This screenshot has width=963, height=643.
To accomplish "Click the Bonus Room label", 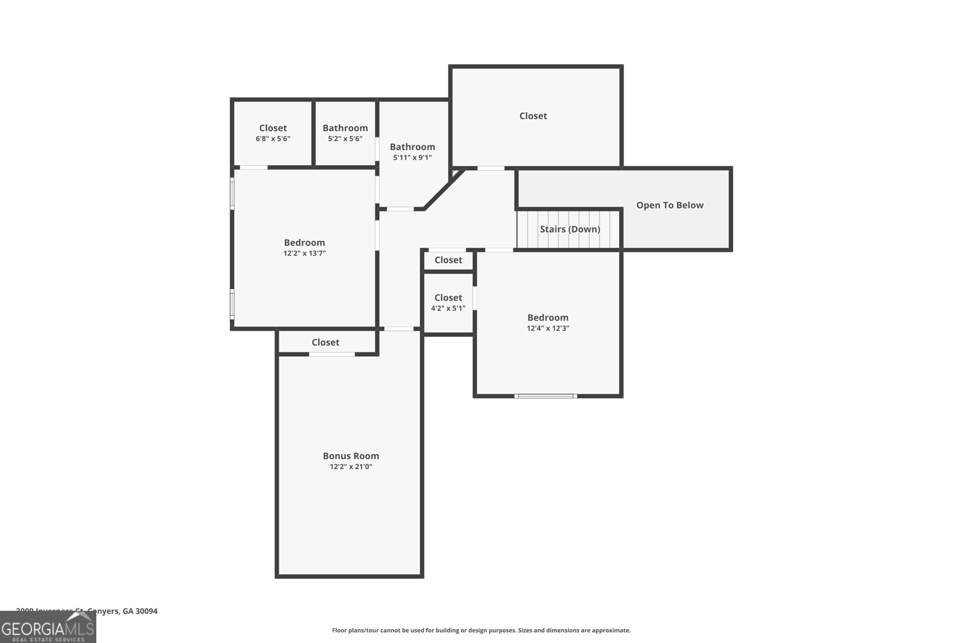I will [350, 456].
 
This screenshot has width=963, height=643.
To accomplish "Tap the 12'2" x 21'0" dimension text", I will [350, 467].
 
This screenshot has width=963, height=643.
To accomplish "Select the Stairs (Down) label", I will [569, 229].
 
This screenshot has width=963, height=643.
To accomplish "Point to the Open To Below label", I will [669, 205].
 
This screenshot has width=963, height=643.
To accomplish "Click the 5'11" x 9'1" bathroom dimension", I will [412, 158].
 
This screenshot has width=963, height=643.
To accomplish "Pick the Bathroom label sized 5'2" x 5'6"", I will [345, 128].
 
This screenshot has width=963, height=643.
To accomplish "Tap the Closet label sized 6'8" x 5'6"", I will [273, 128].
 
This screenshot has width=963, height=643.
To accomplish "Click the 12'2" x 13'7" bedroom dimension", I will [305, 254].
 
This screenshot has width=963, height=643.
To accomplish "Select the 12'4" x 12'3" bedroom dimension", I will [548, 328].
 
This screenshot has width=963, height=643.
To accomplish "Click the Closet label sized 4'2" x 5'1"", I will [448, 298].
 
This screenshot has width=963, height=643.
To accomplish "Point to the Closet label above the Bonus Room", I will [325, 342].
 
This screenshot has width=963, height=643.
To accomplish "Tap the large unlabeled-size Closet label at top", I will [533, 116].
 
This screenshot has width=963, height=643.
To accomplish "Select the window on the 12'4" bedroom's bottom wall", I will [545, 396].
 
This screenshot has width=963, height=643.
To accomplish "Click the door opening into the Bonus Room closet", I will [332, 354].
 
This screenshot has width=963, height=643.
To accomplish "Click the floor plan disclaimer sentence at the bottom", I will [481, 630].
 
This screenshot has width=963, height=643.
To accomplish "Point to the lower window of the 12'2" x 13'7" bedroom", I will [232, 304].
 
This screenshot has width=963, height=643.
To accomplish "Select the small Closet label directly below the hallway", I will [448, 260].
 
